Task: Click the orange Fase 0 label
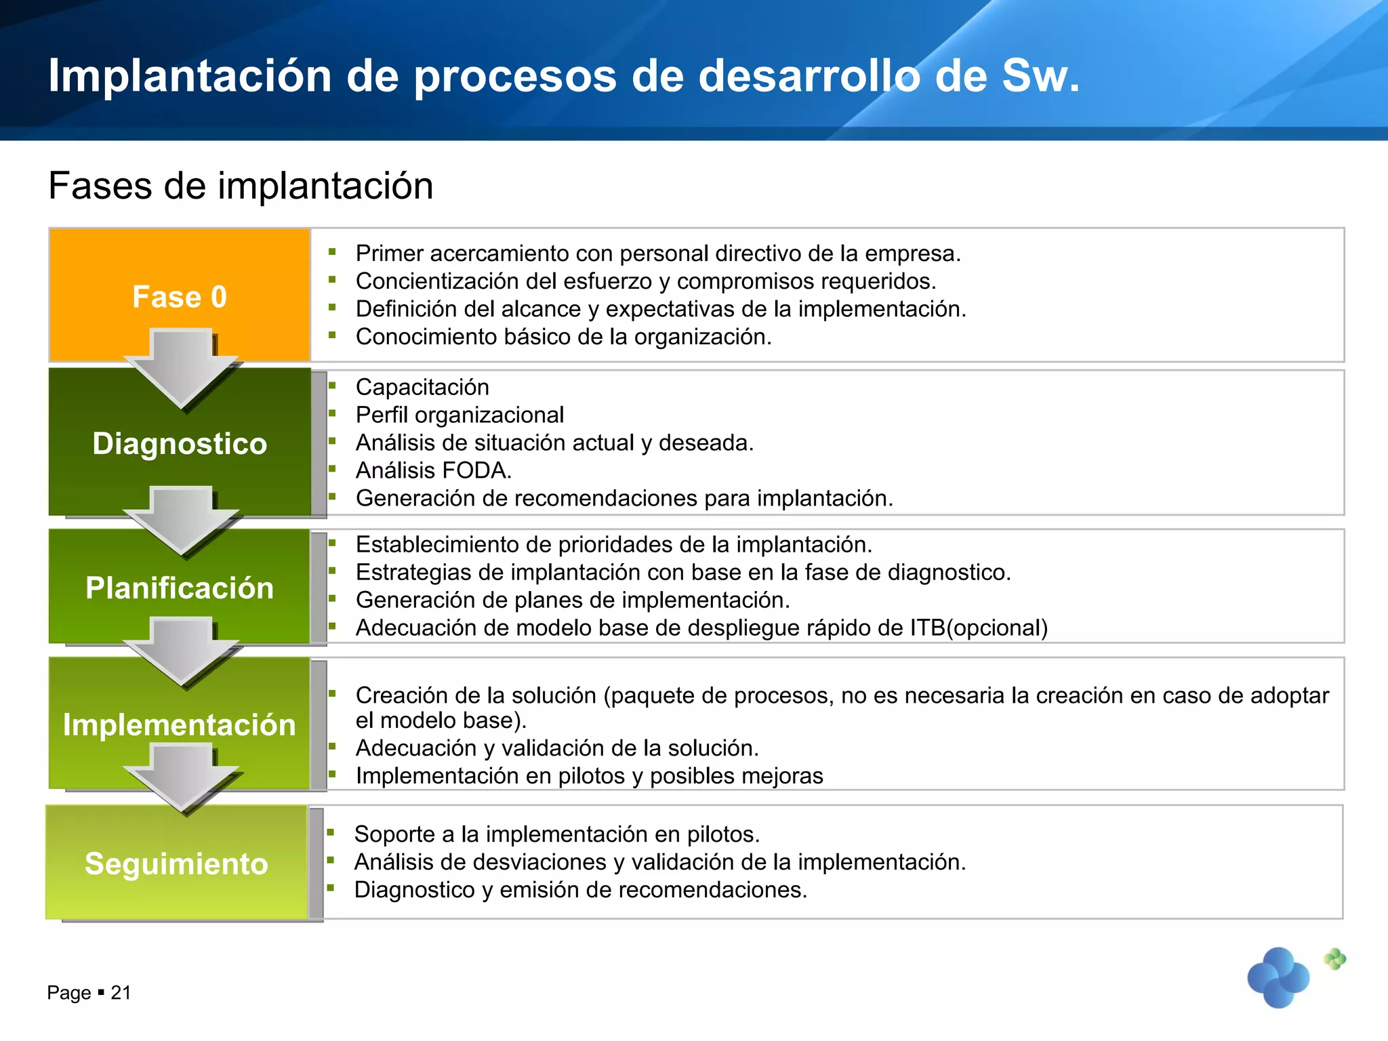pos(180,297)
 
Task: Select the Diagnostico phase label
pos(180,444)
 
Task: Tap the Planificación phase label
pos(180,588)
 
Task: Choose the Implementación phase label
pos(180,724)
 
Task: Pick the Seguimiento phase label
pos(176,863)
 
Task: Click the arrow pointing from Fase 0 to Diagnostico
pos(181,369)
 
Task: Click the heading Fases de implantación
pos(241,186)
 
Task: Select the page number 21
pos(121,993)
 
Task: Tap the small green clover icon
pos(1334,958)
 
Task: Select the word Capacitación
pos(422,387)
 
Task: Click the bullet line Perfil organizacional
pos(460,415)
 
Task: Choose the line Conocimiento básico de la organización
pos(563,337)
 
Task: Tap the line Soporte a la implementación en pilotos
pos(556,834)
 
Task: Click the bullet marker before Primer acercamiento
pos(332,252)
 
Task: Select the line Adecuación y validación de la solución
pos(556,748)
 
